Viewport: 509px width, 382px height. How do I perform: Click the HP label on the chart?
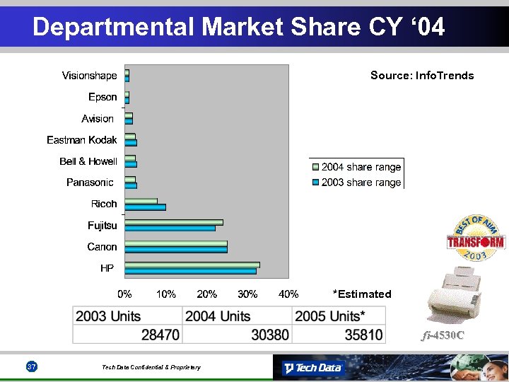[x=107, y=269]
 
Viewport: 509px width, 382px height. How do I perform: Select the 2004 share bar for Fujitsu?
[x=173, y=222]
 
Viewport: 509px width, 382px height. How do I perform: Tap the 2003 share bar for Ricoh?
[x=145, y=207]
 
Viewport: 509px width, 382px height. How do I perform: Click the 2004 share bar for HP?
[x=192, y=265]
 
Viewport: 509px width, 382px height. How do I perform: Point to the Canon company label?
[x=102, y=247]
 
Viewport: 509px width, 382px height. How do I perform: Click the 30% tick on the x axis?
[x=247, y=294]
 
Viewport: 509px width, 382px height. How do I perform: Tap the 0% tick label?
[x=124, y=294]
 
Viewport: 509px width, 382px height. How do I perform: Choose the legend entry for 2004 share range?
[x=356, y=168]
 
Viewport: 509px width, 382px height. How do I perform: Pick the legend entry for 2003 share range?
[x=356, y=183]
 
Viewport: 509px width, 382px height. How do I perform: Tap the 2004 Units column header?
[x=218, y=316]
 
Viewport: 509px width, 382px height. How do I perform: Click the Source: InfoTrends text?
[x=422, y=76]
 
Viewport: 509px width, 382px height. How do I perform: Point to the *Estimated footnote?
[x=361, y=294]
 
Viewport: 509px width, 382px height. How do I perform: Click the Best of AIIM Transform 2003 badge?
[x=475, y=239]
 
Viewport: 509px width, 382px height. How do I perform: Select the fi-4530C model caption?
[x=443, y=335]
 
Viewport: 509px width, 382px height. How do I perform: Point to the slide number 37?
[x=31, y=366]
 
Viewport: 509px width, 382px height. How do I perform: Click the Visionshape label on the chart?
[x=89, y=76]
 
